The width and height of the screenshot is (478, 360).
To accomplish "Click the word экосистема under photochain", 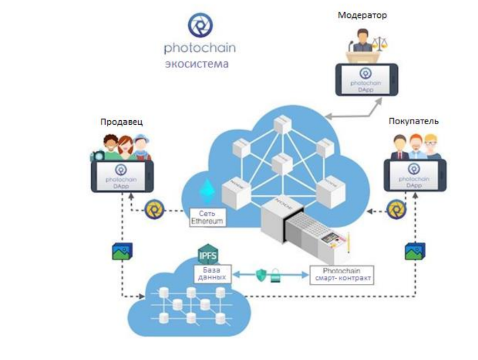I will click(x=196, y=63).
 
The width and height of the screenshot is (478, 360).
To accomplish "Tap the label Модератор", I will click(x=362, y=15).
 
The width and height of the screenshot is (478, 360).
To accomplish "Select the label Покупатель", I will click(x=415, y=121).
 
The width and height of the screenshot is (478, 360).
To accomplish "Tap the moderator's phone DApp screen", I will click(x=366, y=79).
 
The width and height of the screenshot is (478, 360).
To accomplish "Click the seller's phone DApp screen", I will click(x=122, y=174).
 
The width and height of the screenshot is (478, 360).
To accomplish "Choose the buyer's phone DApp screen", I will click(x=415, y=174).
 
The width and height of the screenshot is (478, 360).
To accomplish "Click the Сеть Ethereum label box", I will click(x=207, y=217).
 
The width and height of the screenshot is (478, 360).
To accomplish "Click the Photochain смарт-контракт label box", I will click(x=340, y=274).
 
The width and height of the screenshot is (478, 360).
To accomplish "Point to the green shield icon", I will click(x=261, y=274).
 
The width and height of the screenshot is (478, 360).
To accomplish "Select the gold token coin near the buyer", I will click(x=396, y=210).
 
